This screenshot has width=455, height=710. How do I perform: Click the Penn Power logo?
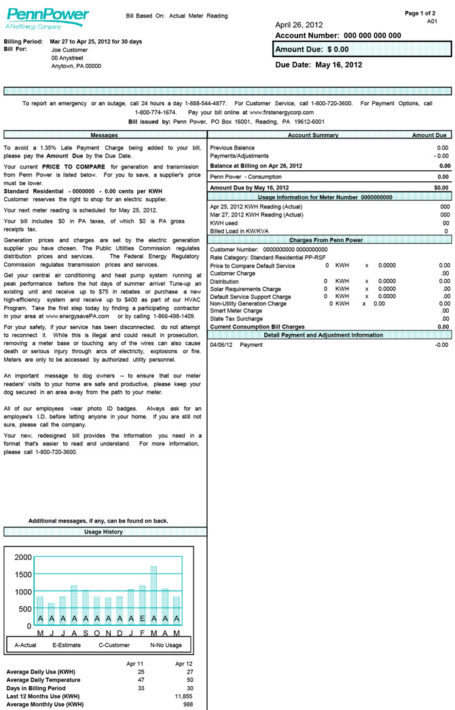pyautogui.click(x=47, y=18)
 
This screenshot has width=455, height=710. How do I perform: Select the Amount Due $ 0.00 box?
pyautogui.click(x=362, y=50)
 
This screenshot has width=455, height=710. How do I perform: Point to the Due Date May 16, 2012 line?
pyautogui.click(x=318, y=65)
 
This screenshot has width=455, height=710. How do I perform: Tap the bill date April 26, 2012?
pyautogui.click(x=304, y=25)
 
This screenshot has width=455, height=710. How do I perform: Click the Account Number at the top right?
pyautogui.click(x=338, y=36)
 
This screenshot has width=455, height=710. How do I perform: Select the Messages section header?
pyautogui.click(x=105, y=136)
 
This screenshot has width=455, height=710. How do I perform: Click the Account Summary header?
pyautogui.click(x=312, y=136)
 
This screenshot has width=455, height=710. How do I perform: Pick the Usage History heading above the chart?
pyautogui.click(x=104, y=531)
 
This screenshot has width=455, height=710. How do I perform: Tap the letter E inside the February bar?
pyautogui.click(x=142, y=619)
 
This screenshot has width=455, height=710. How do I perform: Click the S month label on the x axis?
pyautogui.click(x=86, y=633)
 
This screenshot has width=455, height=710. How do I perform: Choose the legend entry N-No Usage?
pyautogui.click(x=166, y=645)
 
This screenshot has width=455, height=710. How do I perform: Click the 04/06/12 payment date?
pyautogui.click(x=221, y=345)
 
